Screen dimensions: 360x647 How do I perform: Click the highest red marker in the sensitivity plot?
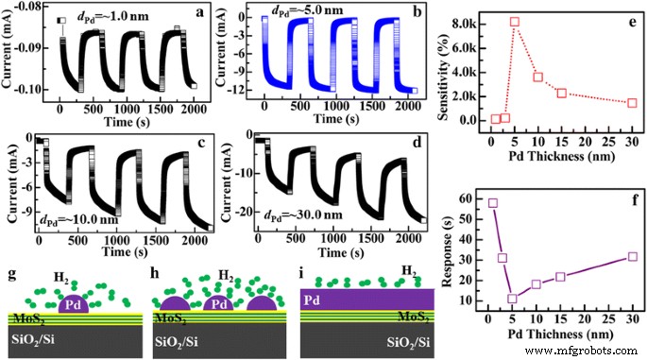pos(515,22)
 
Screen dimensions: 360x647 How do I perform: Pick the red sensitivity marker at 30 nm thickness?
pos(632,102)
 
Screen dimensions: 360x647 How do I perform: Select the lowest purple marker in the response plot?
pos(513,299)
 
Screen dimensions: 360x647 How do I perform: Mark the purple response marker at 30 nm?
pos(632,256)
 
